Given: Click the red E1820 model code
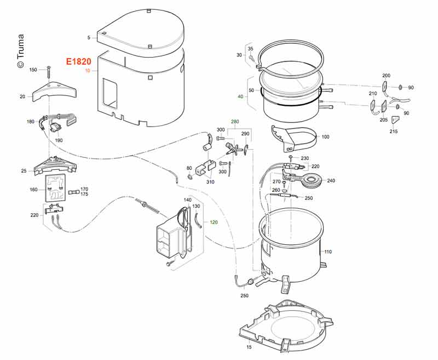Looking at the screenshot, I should point(78,62).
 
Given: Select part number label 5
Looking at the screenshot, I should point(88,37).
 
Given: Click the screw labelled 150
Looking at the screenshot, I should point(49,71).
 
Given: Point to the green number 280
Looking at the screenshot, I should point(235,121).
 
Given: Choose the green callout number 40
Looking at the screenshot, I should point(240,97).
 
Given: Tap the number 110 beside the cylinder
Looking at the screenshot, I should point(328,252).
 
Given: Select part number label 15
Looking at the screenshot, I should point(249,347).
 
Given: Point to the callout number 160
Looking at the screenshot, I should point(33,190).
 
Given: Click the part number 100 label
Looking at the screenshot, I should point(325,136).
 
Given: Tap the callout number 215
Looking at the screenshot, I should point(394,132).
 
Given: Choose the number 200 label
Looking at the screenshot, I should point(386,75).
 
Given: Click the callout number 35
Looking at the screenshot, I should point(250,49).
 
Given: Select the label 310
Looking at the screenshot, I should point(210,182).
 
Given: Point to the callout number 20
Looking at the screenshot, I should point(22,96).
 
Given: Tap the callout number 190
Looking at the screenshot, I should point(59,140).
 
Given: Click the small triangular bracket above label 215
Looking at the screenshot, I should point(394,119).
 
